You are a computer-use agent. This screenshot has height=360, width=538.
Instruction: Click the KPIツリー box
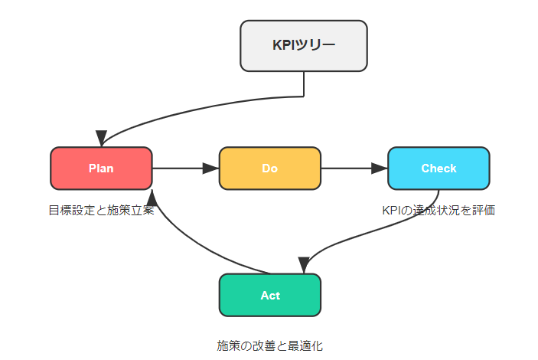(304, 46)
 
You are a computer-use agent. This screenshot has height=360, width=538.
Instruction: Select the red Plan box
(101, 169)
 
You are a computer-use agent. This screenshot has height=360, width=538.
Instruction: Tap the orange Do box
(270, 169)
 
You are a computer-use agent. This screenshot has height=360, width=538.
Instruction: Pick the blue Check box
(439, 169)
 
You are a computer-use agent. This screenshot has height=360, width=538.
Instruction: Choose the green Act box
(270, 295)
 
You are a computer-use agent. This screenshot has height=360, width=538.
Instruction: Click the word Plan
(101, 169)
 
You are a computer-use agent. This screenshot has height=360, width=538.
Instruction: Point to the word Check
(439, 169)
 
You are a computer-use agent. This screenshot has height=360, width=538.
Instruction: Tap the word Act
(270, 296)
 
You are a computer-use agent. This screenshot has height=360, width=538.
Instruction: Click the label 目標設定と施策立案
(102, 210)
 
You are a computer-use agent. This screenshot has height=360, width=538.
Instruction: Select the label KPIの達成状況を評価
(439, 210)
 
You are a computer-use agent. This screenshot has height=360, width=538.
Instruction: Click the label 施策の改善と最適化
(270, 345)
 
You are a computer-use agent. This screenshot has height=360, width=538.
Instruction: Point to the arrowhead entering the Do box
(210, 169)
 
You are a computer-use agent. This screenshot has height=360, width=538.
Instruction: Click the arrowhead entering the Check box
(379, 169)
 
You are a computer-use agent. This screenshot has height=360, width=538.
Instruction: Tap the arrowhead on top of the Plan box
(101, 138)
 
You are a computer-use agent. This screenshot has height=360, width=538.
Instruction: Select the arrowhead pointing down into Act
(304, 265)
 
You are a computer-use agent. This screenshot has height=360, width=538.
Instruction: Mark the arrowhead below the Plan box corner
(152, 198)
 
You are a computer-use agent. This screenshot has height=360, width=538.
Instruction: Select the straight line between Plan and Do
(178, 169)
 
